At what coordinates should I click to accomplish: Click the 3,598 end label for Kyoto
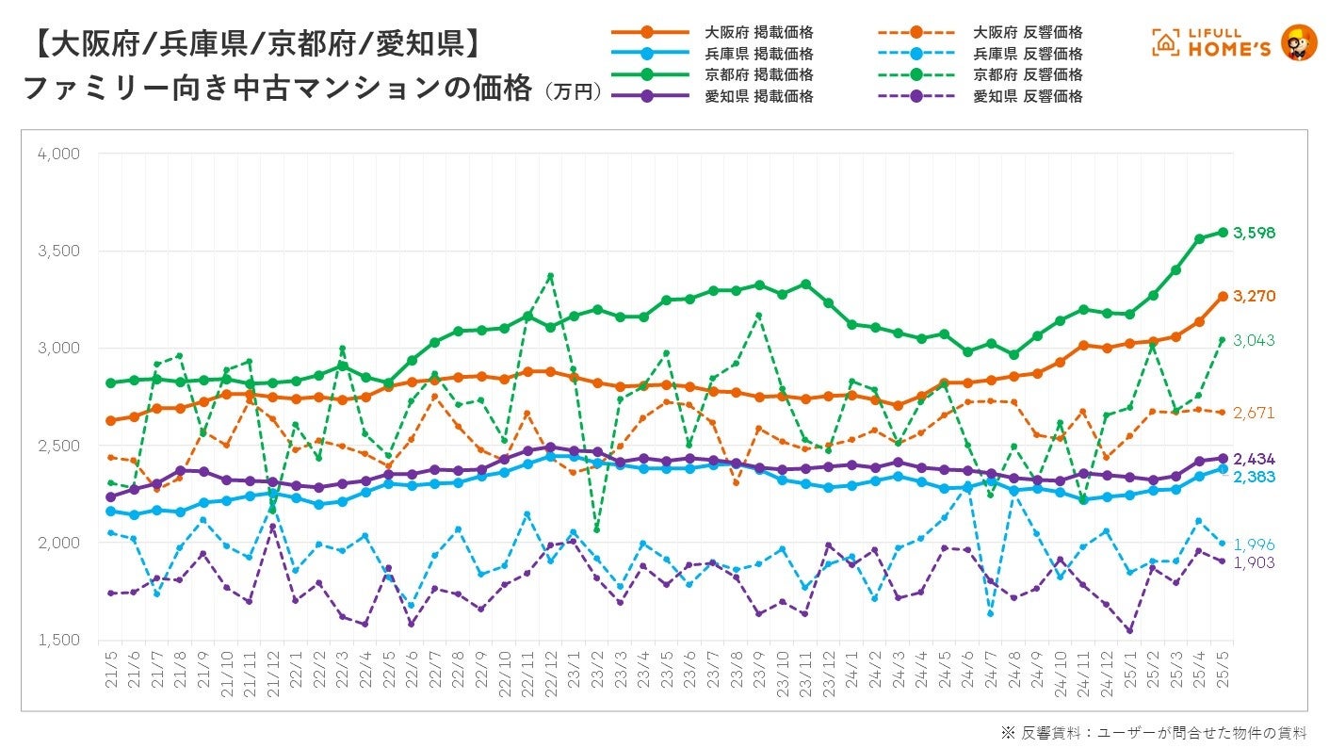[x=1255, y=233]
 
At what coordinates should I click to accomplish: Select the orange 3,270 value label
[x=1255, y=296]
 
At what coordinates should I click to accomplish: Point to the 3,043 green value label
[x=1255, y=340]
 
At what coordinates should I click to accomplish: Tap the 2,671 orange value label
[x=1255, y=413]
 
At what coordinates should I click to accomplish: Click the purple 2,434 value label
[x=1255, y=459]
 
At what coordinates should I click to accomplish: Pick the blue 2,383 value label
[x=1255, y=477]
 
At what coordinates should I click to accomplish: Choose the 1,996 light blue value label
[x=1255, y=544]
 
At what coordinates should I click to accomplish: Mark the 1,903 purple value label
[x=1255, y=562]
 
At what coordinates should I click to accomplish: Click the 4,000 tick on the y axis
[x=58, y=154]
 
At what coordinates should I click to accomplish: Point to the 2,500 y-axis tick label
[x=58, y=446]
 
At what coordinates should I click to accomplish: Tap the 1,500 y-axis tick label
[x=58, y=641]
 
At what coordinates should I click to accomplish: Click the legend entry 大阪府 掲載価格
[x=759, y=33]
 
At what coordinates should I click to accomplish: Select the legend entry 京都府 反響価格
[x=1028, y=74]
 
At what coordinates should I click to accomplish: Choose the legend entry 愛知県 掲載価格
[x=759, y=96]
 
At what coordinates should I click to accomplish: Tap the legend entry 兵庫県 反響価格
[x=1028, y=54]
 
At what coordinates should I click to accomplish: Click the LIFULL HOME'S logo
[x=1234, y=43]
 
